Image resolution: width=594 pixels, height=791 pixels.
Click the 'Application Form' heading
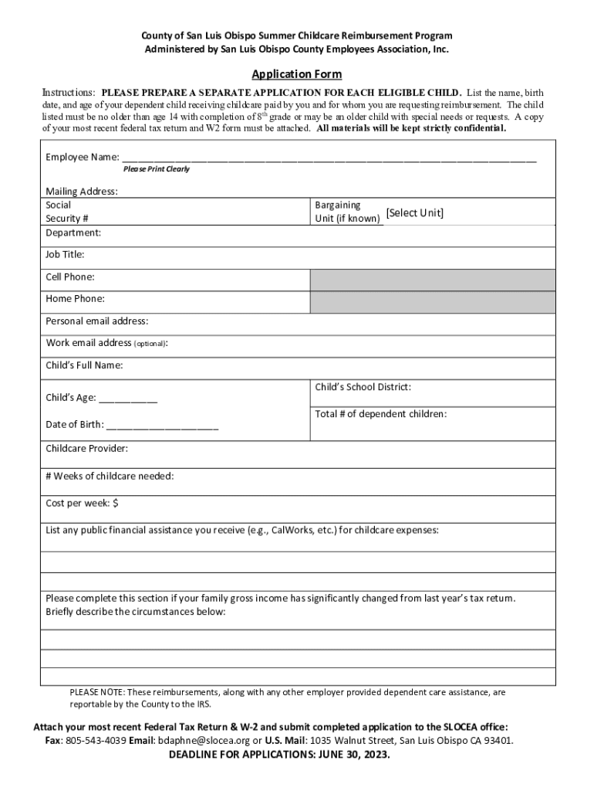point(297,75)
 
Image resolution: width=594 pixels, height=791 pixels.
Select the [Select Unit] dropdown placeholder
point(415,213)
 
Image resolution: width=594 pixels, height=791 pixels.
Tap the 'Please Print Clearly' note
point(156,169)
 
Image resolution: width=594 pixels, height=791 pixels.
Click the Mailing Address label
point(82,192)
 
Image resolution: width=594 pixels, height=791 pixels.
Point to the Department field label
point(73,233)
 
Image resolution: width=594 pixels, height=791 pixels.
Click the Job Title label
point(65,254)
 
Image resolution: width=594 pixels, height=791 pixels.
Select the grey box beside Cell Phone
point(432,280)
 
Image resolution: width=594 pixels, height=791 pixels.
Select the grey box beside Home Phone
point(432,302)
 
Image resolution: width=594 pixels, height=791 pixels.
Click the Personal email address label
point(97,321)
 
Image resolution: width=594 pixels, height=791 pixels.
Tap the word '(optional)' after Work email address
point(150,344)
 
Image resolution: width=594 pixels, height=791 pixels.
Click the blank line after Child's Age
point(128,399)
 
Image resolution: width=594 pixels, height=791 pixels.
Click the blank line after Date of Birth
point(162,426)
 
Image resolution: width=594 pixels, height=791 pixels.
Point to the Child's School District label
point(363,387)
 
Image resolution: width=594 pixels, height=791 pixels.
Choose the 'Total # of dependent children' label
point(380,414)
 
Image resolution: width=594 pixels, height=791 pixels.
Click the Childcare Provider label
point(86,448)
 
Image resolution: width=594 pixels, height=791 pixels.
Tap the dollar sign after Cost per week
point(116,504)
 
